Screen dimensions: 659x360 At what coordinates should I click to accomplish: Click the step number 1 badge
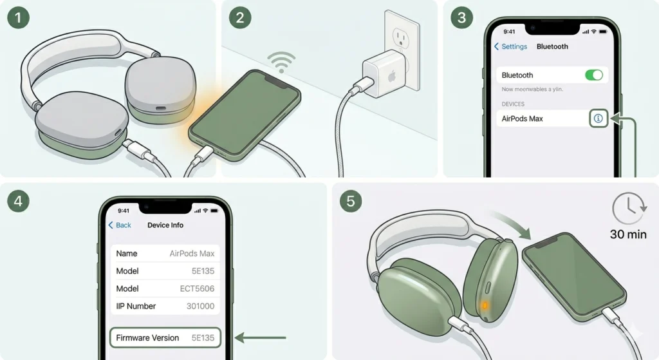tap(18, 17)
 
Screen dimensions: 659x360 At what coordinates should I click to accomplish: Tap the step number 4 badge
tap(18, 201)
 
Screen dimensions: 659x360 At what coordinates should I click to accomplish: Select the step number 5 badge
tap(351, 201)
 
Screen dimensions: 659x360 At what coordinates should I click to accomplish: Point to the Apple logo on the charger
tap(392, 77)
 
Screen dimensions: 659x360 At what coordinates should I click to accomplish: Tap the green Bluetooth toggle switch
tap(594, 75)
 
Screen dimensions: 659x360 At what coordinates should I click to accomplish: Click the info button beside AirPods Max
tap(598, 118)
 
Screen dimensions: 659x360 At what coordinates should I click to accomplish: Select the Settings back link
tap(510, 46)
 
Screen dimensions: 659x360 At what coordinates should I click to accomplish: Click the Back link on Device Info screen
tap(120, 225)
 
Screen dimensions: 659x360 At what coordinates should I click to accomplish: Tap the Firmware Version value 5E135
tap(203, 337)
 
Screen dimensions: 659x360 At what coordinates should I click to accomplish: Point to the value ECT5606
tap(197, 289)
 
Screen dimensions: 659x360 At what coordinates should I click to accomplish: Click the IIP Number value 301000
tap(201, 306)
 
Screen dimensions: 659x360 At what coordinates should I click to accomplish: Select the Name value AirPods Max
tap(192, 254)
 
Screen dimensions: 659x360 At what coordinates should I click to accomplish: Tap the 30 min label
tap(628, 234)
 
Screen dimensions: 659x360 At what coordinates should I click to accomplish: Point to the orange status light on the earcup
tap(484, 306)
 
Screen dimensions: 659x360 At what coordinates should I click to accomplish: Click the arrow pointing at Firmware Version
tap(260, 337)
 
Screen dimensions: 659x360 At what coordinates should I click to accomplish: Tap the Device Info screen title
tap(165, 225)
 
